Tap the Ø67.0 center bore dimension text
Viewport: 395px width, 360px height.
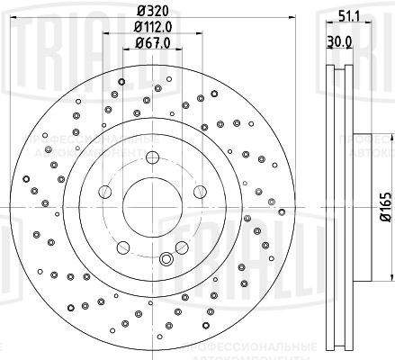click(144, 42)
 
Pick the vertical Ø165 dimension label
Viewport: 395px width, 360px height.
click(382, 211)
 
